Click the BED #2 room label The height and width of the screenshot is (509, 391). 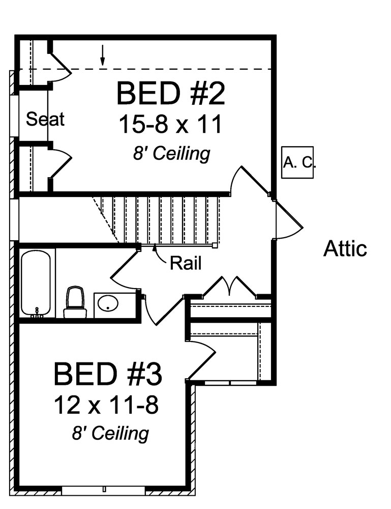tap(170, 93)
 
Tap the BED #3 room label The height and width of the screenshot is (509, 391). tap(108, 374)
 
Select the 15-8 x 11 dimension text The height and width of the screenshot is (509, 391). tap(170, 124)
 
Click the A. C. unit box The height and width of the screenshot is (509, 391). tap(298, 163)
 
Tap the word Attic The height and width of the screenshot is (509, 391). tap(345, 249)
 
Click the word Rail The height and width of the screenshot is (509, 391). tap(186, 263)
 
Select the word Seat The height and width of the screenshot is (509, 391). tap(45, 119)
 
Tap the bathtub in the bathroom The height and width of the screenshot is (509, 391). tap(36, 282)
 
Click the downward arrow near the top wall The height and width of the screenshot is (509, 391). tap(103, 56)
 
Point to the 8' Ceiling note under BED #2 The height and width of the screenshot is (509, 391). tap(171, 153)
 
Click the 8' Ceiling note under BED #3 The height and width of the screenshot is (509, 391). tap(110, 434)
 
